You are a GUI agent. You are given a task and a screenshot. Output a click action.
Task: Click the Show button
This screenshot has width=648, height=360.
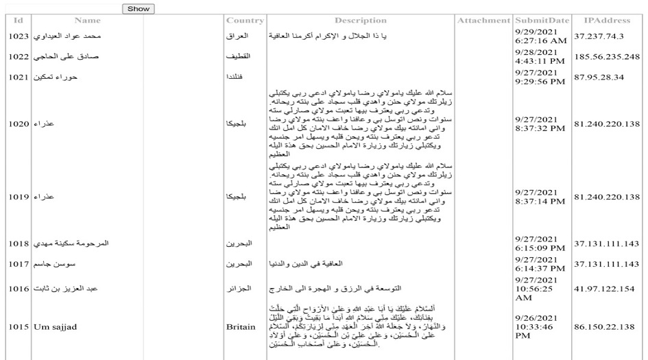click(138, 9)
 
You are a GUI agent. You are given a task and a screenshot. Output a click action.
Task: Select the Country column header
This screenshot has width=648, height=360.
click(245, 21)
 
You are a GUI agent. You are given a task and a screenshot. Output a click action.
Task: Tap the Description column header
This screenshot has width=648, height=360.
click(361, 21)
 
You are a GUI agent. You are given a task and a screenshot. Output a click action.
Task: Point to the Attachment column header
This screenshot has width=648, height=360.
click(484, 21)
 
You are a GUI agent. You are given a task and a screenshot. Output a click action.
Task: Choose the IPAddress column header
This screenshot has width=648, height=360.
click(608, 21)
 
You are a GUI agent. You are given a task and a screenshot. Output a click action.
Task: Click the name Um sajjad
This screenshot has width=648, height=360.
click(54, 327)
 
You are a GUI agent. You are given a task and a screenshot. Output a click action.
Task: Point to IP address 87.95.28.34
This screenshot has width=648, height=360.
click(599, 77)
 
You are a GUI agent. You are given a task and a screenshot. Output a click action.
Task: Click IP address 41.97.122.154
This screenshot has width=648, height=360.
click(605, 289)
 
